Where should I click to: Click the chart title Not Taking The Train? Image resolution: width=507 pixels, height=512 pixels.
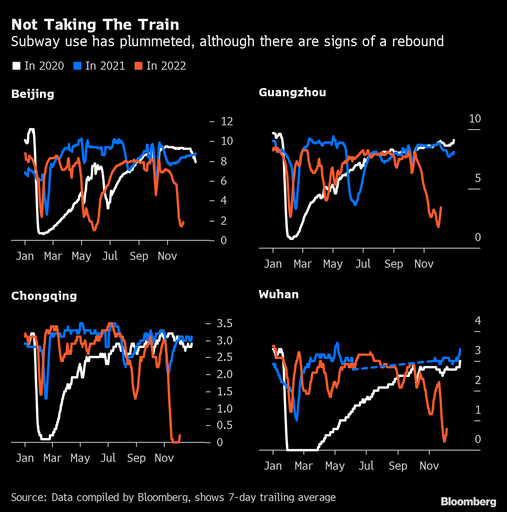point(95,25)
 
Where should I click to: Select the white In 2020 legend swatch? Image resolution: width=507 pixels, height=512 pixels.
point(16,66)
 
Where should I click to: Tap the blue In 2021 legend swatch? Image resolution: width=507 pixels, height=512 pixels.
point(77,66)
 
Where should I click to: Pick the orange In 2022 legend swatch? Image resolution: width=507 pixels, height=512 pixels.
point(138,66)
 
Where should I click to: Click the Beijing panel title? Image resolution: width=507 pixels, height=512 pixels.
point(33,94)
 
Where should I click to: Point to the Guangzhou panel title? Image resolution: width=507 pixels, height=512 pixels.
point(292,92)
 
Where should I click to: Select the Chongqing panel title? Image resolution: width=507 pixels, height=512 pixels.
point(44,296)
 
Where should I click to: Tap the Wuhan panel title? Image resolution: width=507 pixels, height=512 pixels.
point(279,294)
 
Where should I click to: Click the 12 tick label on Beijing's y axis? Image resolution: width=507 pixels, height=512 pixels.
point(227,121)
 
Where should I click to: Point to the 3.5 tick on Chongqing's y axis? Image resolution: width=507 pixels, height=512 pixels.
point(225,323)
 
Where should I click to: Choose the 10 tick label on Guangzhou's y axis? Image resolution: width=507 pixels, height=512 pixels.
point(475,119)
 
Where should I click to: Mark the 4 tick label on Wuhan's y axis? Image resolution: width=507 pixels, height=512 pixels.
point(478,321)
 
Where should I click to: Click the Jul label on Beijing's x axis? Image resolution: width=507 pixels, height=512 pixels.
point(110,256)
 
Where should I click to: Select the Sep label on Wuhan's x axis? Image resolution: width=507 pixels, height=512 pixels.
point(398,466)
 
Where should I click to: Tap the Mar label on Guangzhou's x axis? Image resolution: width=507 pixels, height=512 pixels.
point(302,264)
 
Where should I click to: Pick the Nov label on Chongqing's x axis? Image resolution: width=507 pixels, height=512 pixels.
point(164,458)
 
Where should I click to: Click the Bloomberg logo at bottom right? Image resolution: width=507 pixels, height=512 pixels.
point(468,501)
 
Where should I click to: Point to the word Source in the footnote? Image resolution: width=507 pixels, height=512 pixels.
point(29,497)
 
